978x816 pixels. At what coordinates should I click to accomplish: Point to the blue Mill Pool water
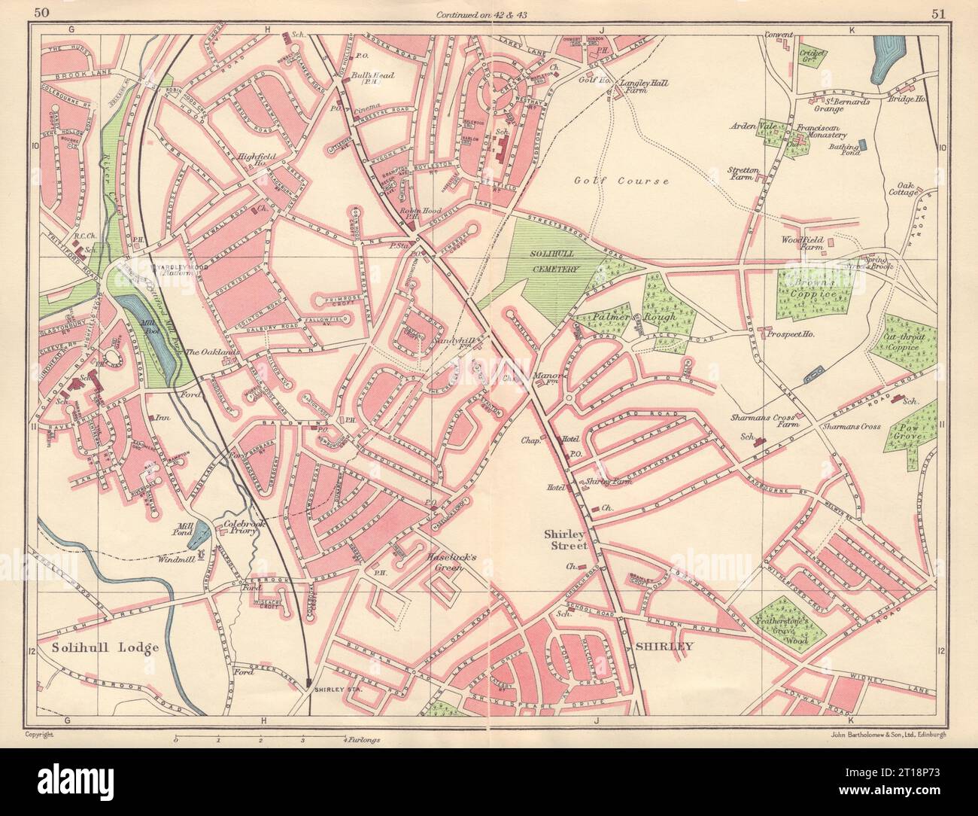(154, 331)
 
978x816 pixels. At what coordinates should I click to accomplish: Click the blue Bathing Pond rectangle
(862, 143)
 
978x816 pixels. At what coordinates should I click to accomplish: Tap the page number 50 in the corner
(43, 12)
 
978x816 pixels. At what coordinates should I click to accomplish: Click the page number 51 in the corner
(937, 12)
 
